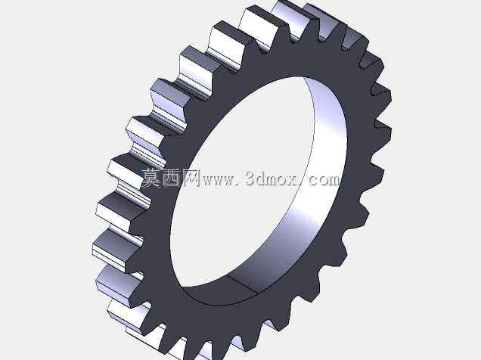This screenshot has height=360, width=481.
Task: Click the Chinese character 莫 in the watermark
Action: pyautogui.click(x=152, y=178)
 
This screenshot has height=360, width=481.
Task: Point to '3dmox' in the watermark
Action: pyautogui.click(x=272, y=178)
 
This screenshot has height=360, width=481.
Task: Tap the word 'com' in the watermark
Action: pyautogui.click(x=325, y=180)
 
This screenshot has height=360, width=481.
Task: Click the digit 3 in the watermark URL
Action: pyautogui.click(x=250, y=178)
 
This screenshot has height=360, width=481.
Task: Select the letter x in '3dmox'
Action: pyautogui.click(x=293, y=181)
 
